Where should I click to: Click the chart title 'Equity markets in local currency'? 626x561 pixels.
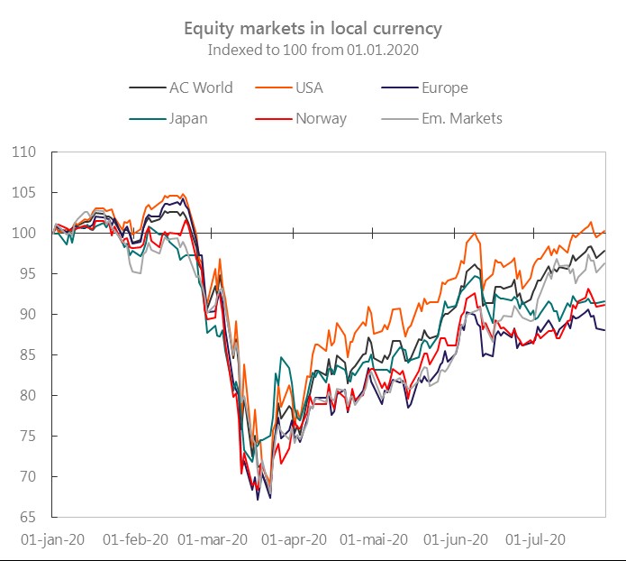[x=313, y=28]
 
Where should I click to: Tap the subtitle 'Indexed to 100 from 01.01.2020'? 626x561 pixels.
[x=313, y=49]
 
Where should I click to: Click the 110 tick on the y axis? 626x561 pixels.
[x=24, y=152]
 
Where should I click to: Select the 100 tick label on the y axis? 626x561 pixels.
[x=24, y=234]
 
